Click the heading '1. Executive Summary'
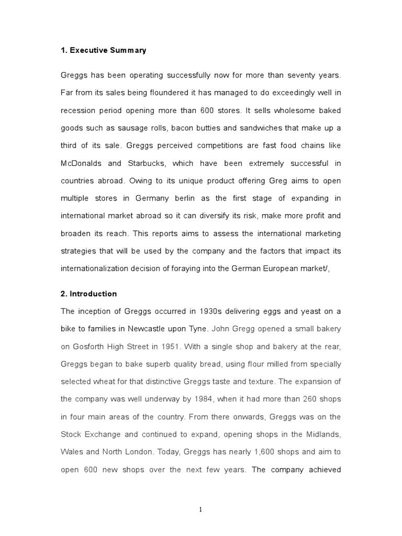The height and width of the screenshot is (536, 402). tap(104, 51)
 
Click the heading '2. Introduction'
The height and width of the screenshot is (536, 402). tap(89, 294)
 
